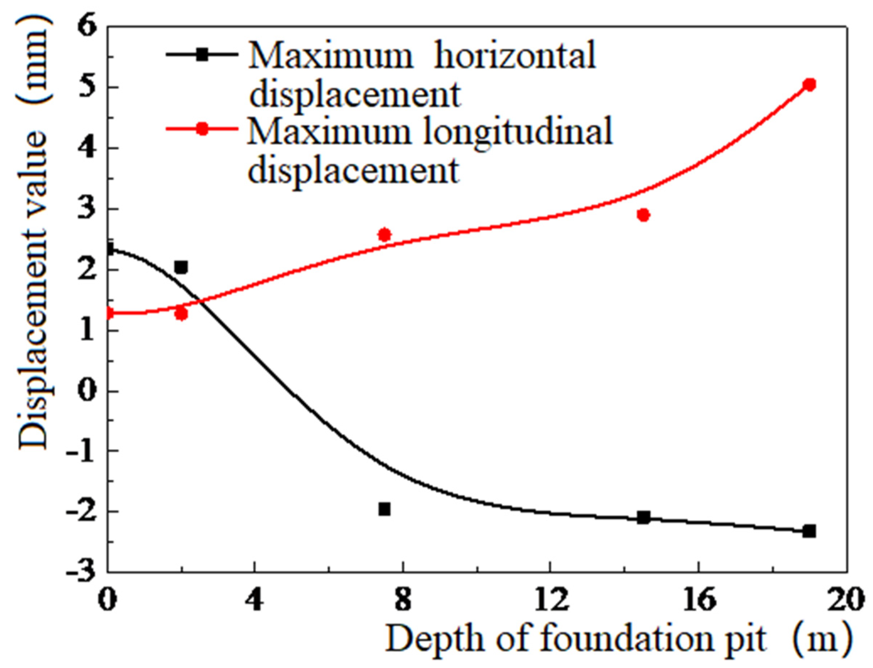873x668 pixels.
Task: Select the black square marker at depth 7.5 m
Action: [x=384, y=509]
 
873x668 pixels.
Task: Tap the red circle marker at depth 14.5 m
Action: [x=644, y=215]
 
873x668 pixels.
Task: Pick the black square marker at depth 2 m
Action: [x=181, y=267]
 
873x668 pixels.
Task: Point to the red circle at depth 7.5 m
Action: [x=384, y=235]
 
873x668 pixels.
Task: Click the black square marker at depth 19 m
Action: [x=809, y=531]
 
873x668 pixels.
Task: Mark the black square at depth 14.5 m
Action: [x=644, y=518]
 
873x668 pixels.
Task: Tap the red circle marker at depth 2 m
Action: [x=181, y=314]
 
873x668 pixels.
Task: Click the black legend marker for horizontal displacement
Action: [x=203, y=55]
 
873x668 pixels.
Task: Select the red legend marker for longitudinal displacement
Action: [x=203, y=129]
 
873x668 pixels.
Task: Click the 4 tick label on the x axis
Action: [x=254, y=599]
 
